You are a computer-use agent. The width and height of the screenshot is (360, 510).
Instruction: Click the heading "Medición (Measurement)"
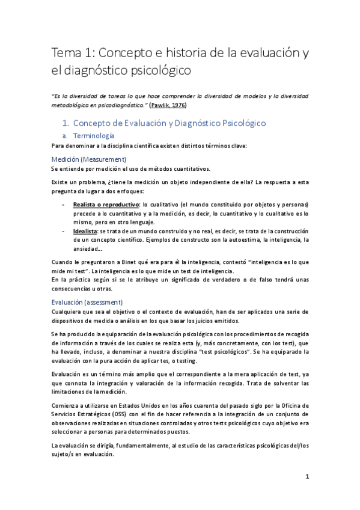coord(88,159)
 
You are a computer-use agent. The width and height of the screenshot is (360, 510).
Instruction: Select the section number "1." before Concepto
coord(66,123)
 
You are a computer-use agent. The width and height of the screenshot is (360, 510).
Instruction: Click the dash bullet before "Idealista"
coord(64,232)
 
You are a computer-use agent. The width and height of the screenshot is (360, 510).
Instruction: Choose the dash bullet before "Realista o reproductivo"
coord(64,204)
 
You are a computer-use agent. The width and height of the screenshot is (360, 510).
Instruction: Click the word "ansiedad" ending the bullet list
coord(88,249)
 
